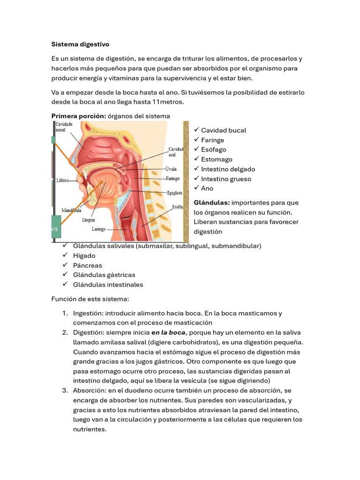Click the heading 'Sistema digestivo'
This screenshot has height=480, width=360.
pos(80,45)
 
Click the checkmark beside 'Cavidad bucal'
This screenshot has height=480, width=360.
pos(196,130)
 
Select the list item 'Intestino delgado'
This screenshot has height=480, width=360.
pos(228,169)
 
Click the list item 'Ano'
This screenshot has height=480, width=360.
pos(207,188)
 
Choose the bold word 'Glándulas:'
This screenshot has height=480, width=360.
pos(211,203)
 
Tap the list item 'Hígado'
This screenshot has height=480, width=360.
pos(84,256)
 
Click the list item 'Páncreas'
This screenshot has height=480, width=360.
pos(87,265)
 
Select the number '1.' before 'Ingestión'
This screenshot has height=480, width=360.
pos(65,314)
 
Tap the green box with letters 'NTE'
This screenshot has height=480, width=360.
pos(56,228)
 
